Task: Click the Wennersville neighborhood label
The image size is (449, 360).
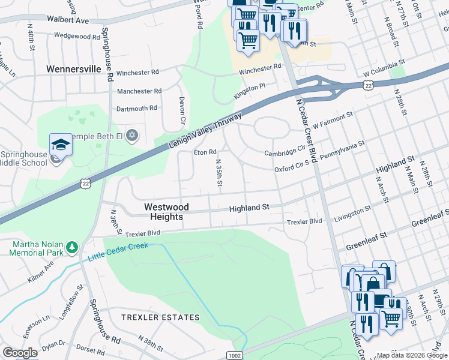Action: click(74, 69)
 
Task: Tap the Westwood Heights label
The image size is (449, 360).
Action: click(166, 212)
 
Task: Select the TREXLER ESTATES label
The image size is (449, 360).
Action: click(160, 317)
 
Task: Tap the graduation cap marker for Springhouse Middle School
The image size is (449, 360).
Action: click(60, 145)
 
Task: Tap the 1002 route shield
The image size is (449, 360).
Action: click(234, 355)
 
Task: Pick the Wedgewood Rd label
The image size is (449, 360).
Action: click(76, 37)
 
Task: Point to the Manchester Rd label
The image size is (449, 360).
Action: click(139, 91)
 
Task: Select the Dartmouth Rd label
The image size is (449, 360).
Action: click(136, 109)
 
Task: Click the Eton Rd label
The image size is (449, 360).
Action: click(205, 152)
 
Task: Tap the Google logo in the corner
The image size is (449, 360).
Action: click(20, 353)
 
